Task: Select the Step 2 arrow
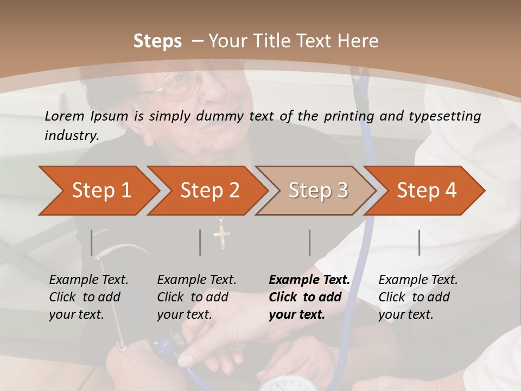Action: pos(208,191)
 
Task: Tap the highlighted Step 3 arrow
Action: pos(317,191)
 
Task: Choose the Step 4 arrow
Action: pos(425,191)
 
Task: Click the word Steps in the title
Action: pos(157,41)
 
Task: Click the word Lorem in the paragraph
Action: pos(63,116)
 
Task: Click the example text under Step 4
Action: pos(418,297)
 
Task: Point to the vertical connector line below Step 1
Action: pos(92,242)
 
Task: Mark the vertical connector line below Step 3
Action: pos(309,242)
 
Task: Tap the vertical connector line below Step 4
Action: pos(419,242)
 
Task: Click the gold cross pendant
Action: pos(222,237)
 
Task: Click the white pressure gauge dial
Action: pos(288,384)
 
